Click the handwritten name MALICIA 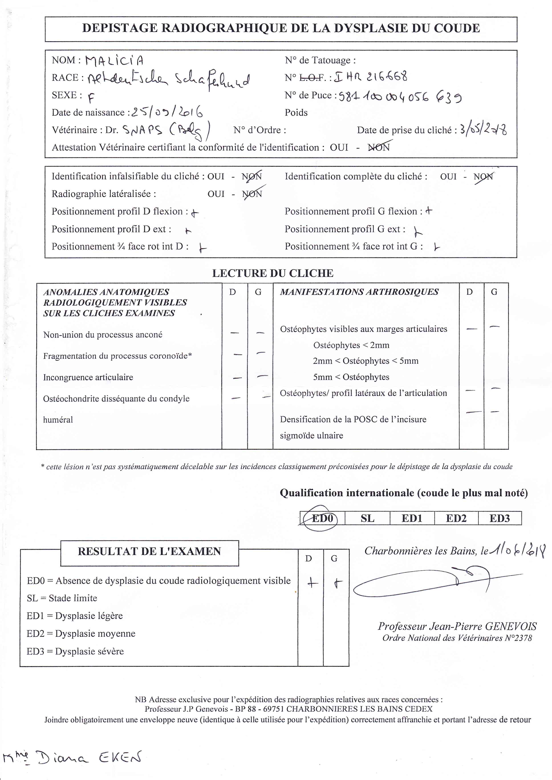point(114,61)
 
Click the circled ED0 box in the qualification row point(323,518)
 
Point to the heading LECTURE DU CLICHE point(273,273)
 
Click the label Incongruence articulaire point(88,377)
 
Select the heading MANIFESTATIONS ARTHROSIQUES point(359,292)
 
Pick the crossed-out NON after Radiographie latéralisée point(252,194)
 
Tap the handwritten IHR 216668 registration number point(371,77)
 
